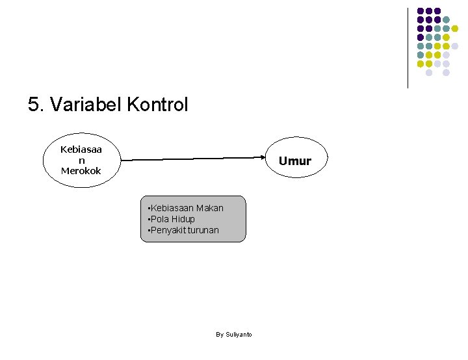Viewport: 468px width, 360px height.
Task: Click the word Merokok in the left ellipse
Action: pos(81,171)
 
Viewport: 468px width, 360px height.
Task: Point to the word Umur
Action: pos(295,161)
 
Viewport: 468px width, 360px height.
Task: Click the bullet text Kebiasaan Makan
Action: pos(186,208)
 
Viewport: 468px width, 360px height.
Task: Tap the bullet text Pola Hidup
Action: pos(172,219)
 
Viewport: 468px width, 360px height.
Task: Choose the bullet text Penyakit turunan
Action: pos(184,230)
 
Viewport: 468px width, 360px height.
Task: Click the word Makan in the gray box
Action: pos(209,208)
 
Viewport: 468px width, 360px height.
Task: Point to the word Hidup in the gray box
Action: pos(183,219)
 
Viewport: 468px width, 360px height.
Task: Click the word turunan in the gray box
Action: pos(203,230)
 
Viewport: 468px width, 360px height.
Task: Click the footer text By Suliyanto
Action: pos(233,335)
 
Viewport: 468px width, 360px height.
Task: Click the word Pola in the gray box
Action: pos(160,219)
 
